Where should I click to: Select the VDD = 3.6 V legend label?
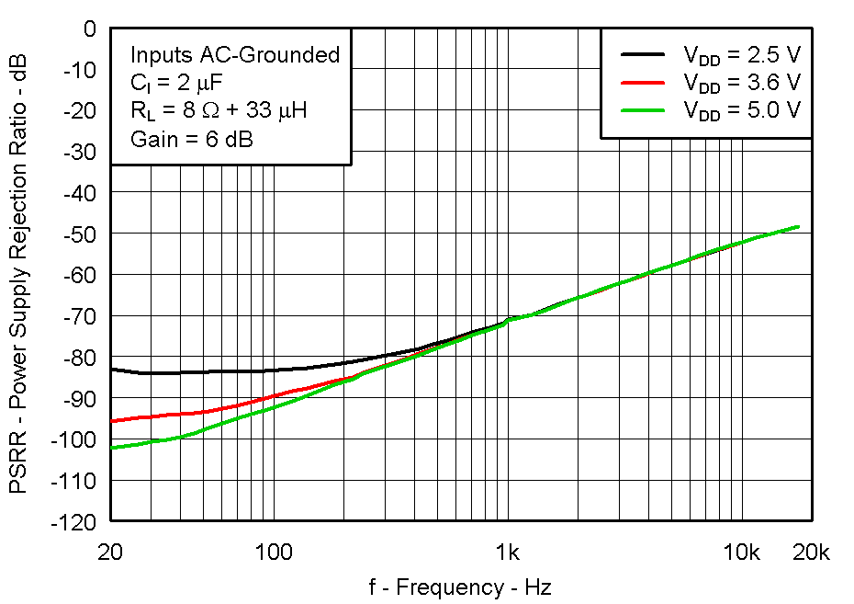point(741,83)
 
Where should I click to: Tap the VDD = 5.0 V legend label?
point(741,110)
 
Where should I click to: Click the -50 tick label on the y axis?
point(78,234)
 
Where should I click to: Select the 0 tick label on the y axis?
point(89,28)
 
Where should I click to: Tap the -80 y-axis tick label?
point(78,357)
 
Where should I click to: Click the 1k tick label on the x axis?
point(508,553)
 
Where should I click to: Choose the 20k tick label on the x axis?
point(810,553)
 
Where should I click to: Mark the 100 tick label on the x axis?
point(273,553)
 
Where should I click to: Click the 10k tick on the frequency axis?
point(741,553)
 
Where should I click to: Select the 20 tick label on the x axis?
point(110,553)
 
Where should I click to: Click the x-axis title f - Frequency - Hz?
point(460,587)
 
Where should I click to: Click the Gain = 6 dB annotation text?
point(191,139)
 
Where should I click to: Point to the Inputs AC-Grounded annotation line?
point(234,55)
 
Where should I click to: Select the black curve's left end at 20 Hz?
point(111,369)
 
